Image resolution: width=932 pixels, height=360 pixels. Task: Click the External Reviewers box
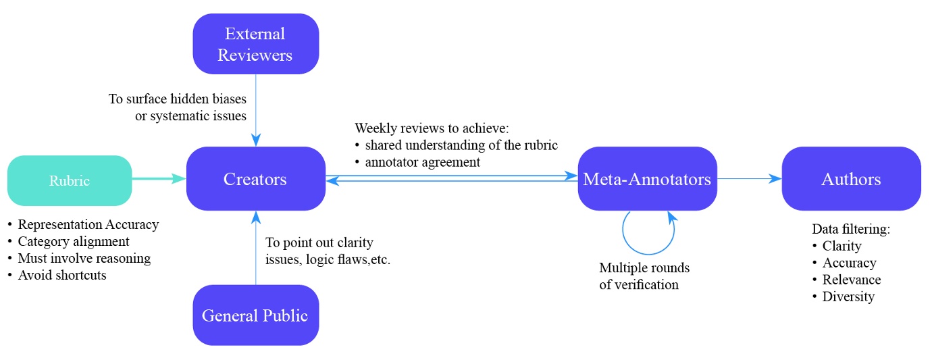pyautogui.click(x=255, y=44)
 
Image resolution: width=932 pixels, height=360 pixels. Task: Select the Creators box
pyautogui.click(x=255, y=179)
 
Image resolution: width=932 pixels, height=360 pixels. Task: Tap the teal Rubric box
pyautogui.click(x=70, y=180)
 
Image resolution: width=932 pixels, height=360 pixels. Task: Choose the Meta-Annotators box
pyautogui.click(x=647, y=179)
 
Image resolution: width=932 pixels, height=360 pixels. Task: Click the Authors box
pyautogui.click(x=851, y=179)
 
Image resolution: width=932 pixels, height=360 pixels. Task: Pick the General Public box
pyautogui.click(x=255, y=315)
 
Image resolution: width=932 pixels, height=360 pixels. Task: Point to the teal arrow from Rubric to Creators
pyautogui.click(x=159, y=179)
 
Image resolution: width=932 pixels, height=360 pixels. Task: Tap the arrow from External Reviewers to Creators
pyautogui.click(x=256, y=108)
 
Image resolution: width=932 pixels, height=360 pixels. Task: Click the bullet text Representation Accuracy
pyautogui.click(x=88, y=224)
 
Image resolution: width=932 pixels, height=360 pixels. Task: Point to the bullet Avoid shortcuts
pyautogui.click(x=62, y=275)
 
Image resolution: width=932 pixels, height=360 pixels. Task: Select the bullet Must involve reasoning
pyautogui.click(x=84, y=258)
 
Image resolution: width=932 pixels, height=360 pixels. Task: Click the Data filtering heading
pyautogui.click(x=851, y=229)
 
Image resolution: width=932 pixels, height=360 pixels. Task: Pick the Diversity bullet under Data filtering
pyautogui.click(x=848, y=297)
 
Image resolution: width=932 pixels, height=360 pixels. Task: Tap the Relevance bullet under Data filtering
pyautogui.click(x=851, y=280)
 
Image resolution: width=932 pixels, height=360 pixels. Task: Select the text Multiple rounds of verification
pyautogui.click(x=644, y=276)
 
